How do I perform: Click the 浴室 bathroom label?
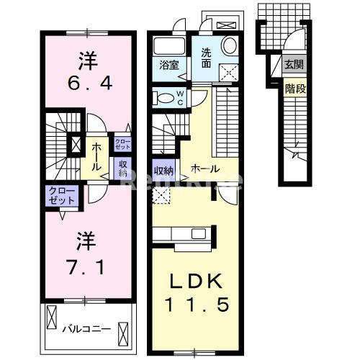click(x=170, y=65)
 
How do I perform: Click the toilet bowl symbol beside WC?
click(x=165, y=99)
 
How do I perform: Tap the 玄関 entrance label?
click(x=293, y=66)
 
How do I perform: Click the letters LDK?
click(x=194, y=280)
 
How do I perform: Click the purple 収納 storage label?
click(x=123, y=167)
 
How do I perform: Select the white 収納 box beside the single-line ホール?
click(x=163, y=171)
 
